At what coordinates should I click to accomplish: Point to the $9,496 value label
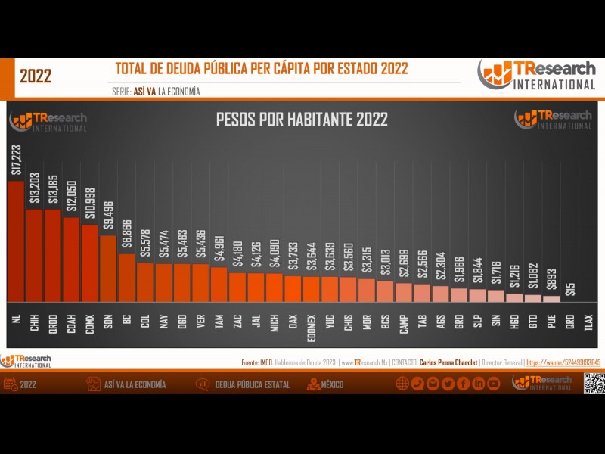tap(108, 216)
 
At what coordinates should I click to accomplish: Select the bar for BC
tap(126, 276)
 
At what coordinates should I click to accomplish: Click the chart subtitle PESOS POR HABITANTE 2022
tap(302, 120)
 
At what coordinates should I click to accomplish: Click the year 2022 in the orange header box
tap(36, 76)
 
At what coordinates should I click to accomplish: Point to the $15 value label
tap(570, 288)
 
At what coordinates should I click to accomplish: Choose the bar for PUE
tap(551, 298)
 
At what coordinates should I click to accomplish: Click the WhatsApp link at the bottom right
tap(563, 362)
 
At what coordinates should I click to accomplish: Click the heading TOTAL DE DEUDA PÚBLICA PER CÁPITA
tap(262, 69)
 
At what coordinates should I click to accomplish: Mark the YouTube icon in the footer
tap(494, 384)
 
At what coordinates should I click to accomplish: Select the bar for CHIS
tap(348, 288)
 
